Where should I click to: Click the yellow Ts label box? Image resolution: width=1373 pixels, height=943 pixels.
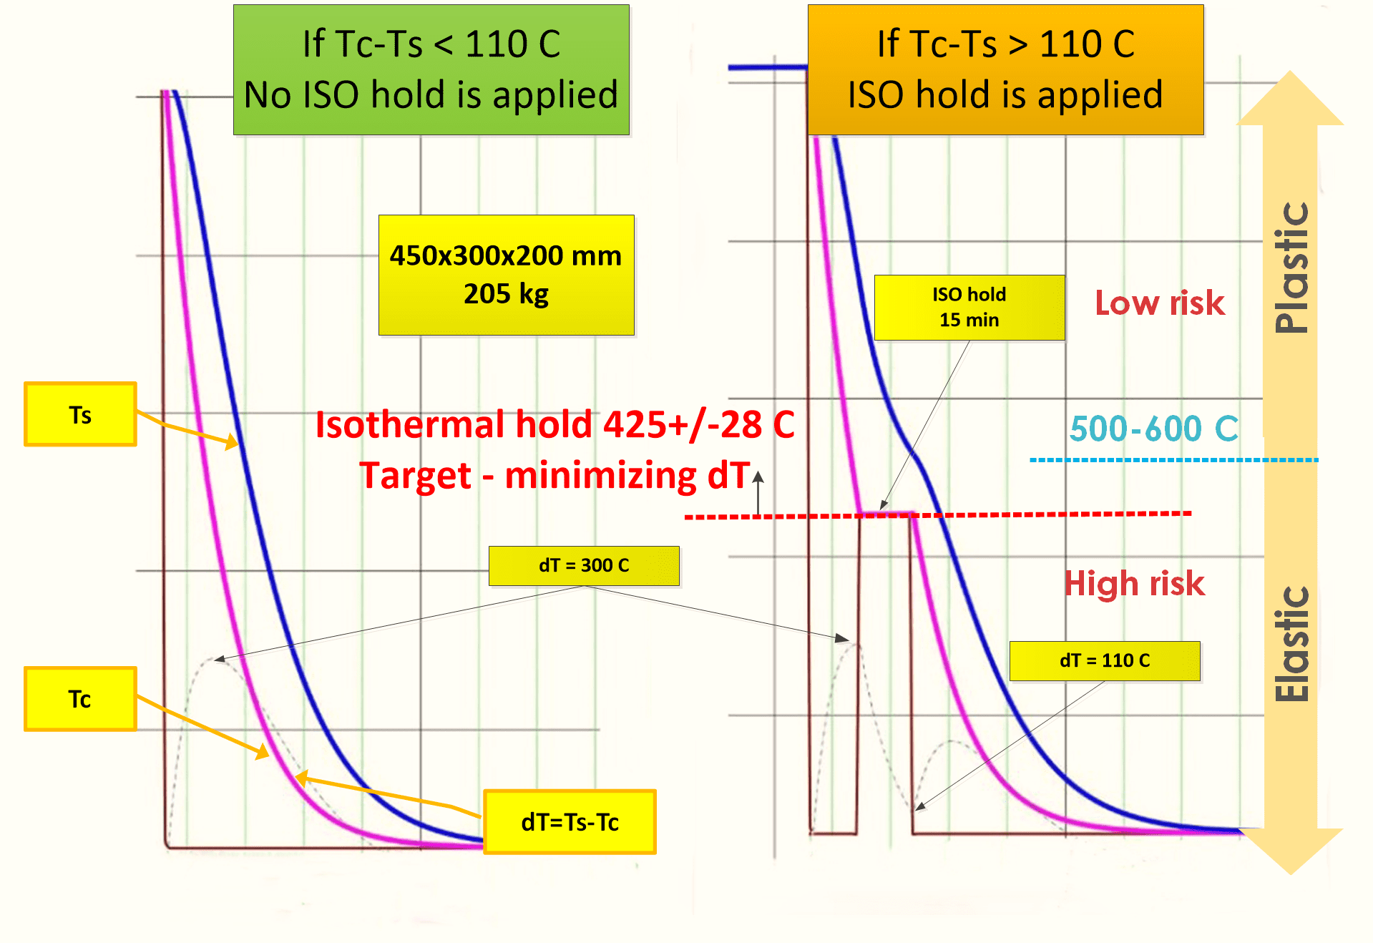(80, 414)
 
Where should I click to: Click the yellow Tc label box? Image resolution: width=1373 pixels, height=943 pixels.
(80, 699)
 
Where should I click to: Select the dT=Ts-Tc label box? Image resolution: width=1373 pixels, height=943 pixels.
(570, 822)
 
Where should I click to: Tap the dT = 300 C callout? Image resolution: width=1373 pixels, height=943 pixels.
(584, 565)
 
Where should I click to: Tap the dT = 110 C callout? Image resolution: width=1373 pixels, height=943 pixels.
(1104, 660)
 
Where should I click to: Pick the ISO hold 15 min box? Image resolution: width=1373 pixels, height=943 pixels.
(969, 307)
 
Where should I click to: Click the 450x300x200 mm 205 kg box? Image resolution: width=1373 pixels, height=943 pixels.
(506, 275)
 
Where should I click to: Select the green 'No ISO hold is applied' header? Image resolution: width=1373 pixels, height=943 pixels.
(431, 69)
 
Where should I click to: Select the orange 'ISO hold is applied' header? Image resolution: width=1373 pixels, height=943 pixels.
(1005, 69)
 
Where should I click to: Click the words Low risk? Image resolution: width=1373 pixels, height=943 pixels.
(1160, 303)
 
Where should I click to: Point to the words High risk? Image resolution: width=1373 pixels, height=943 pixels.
(1134, 583)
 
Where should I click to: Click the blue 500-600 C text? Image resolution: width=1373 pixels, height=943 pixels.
(1153, 429)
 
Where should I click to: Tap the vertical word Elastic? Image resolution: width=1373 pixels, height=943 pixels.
(1291, 644)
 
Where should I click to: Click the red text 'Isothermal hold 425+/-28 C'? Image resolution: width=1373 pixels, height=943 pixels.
(554, 424)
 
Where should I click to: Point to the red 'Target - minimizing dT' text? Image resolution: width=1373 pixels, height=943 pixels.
(554, 476)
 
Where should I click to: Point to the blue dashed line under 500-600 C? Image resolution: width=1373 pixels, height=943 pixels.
(1173, 460)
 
